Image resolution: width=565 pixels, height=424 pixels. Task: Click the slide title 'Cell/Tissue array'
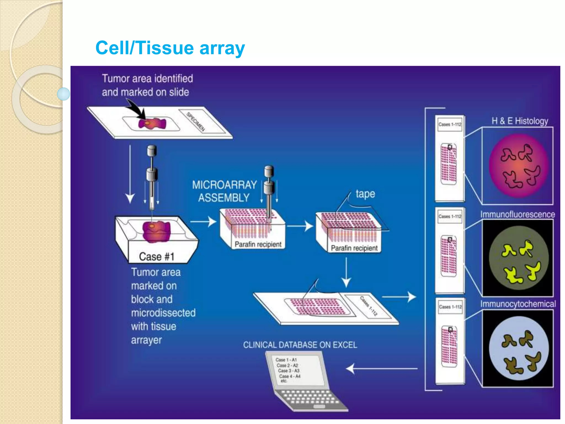[x=170, y=48]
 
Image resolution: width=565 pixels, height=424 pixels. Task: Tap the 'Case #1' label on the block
[x=156, y=257]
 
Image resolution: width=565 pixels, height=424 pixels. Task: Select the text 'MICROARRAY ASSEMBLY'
[x=224, y=191]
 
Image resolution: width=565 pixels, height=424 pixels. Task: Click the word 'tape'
[x=365, y=194]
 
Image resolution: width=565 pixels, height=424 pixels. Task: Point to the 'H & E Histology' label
[x=519, y=121]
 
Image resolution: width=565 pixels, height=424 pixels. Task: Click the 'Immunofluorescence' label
[x=518, y=214]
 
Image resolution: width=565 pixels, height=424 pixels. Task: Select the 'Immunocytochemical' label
[x=518, y=304]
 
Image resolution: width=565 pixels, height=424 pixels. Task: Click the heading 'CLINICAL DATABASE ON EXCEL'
[x=300, y=345]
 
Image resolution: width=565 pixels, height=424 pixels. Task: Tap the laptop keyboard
[x=309, y=399]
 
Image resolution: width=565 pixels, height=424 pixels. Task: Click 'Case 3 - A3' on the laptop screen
[x=289, y=371]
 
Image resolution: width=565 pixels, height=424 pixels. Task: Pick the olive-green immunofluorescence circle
[x=518, y=258]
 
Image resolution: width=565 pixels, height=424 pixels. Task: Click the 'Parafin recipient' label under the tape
[x=354, y=248]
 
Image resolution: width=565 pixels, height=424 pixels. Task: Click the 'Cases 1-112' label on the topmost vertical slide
[x=450, y=124]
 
